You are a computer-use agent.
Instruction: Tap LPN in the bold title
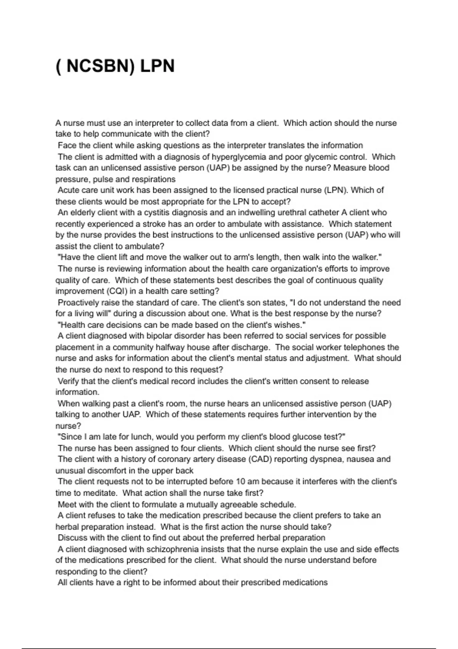pos(157,66)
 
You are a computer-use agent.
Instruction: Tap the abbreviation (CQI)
pos(116,291)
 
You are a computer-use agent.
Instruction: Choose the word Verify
pos(68,381)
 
